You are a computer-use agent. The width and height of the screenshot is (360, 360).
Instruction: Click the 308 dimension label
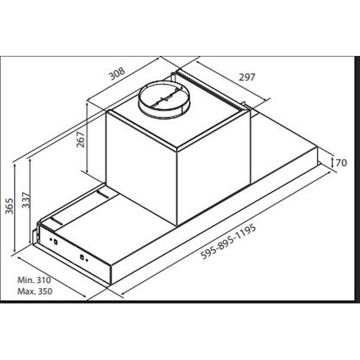117,73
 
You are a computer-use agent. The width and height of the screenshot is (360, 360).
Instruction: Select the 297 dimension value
247,77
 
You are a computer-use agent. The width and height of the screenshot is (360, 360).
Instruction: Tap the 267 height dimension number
80,139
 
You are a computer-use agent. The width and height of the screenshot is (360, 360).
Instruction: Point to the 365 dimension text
10,206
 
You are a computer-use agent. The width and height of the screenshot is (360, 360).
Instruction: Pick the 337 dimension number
26,200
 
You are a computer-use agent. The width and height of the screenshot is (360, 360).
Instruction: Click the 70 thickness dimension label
341,163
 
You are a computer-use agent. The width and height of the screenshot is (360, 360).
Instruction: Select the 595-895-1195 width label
228,242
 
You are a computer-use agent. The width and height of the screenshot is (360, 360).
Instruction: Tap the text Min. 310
34,280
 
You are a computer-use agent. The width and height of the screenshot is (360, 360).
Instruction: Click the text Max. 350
35,291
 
